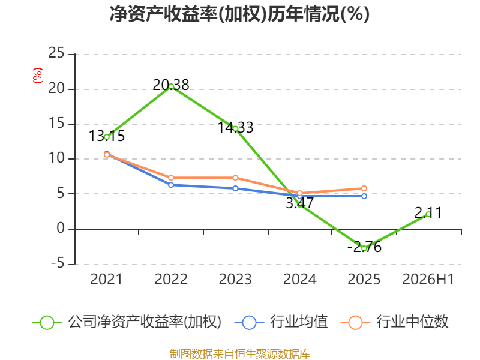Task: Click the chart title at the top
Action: pyautogui.click(x=239, y=14)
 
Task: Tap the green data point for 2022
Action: pyautogui.click(x=171, y=86)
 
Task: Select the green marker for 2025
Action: pyautogui.click(x=364, y=248)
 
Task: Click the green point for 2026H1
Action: pyautogui.click(x=428, y=214)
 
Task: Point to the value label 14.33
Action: pyautogui.click(x=235, y=127)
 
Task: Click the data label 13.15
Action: pyautogui.click(x=107, y=136)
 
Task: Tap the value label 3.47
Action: pyautogui.click(x=299, y=203)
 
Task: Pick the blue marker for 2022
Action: pyautogui.click(x=171, y=185)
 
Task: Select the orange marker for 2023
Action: pyautogui.click(x=235, y=178)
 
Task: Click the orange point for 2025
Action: pyautogui.click(x=364, y=188)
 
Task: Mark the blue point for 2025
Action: pyautogui.click(x=364, y=196)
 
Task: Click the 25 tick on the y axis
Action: pyautogui.click(x=56, y=53)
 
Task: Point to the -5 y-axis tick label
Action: pyautogui.click(x=58, y=263)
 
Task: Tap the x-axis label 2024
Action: pyautogui.click(x=299, y=279)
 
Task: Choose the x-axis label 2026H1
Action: pyautogui.click(x=428, y=279)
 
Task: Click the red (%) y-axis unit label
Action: pyautogui.click(x=38, y=76)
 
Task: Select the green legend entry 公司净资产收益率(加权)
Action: pyautogui.click(x=127, y=322)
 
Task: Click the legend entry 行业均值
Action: pyautogui.click(x=281, y=322)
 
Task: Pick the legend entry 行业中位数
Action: pyautogui.click(x=394, y=322)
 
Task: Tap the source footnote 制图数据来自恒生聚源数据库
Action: pyautogui.click(x=239, y=354)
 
